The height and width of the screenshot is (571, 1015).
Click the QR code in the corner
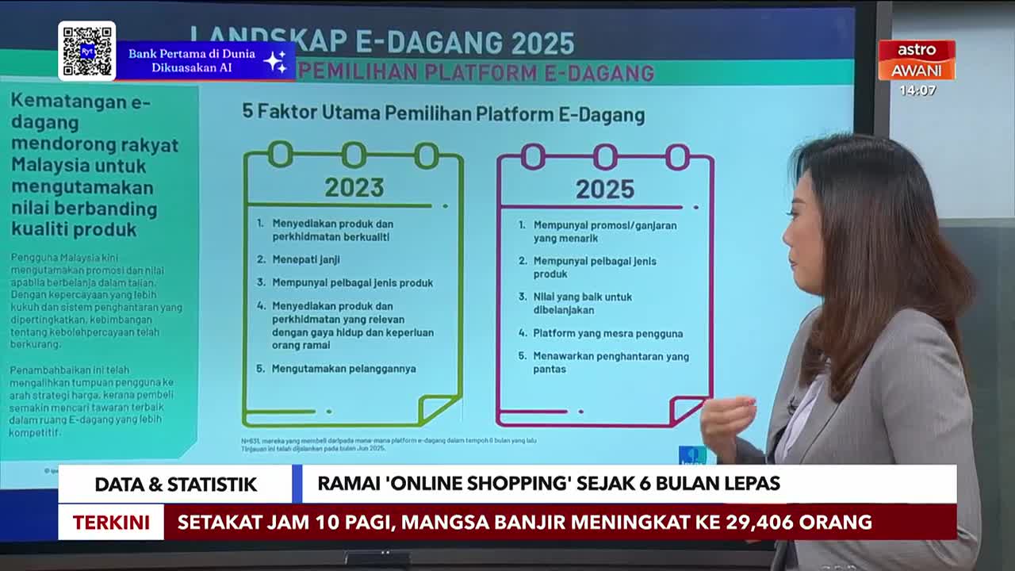tap(86, 52)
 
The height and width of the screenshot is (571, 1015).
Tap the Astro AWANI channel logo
tap(916, 60)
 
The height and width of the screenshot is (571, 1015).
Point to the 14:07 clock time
tap(917, 90)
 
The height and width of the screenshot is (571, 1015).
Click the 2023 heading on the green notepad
tap(354, 187)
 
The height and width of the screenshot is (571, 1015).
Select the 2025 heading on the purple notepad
tap(604, 189)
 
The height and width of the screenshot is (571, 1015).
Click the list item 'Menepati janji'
tap(305, 259)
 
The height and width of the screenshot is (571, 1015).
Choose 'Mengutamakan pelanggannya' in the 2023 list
tap(343, 369)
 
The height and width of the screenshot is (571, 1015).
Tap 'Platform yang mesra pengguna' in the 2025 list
tap(607, 334)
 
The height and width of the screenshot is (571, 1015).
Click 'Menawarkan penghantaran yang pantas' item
tap(611, 362)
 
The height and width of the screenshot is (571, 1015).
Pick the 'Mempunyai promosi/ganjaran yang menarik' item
tap(604, 232)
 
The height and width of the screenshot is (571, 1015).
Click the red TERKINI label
tap(111, 523)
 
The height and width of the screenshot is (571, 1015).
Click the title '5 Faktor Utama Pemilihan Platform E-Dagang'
tap(442, 113)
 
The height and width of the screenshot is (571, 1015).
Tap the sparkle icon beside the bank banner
tap(275, 61)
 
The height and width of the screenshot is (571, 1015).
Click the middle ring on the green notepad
tap(354, 155)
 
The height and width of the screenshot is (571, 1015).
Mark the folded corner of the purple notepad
tap(687, 410)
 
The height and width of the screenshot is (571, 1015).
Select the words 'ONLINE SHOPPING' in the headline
tap(455, 484)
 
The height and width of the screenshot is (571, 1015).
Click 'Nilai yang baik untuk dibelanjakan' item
tap(582, 303)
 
